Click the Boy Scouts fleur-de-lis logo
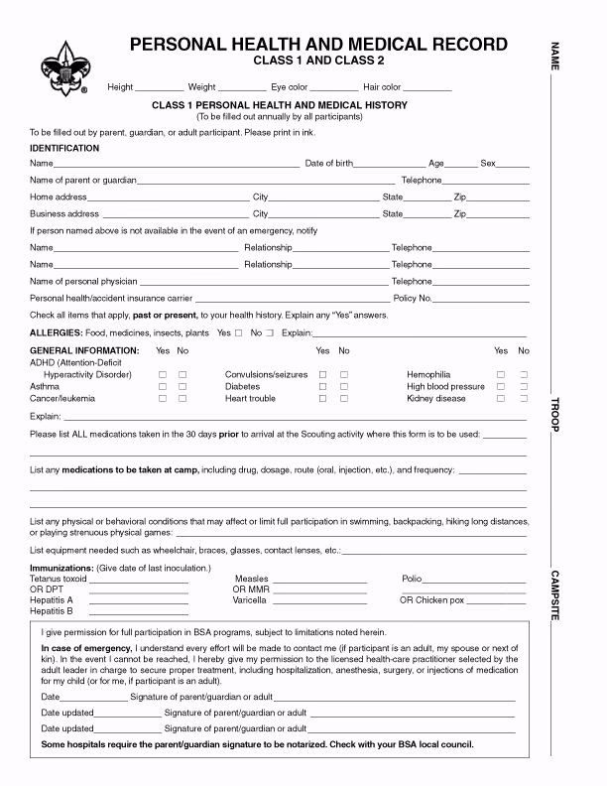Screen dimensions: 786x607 [62, 67]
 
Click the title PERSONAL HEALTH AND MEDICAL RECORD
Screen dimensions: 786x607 [318, 45]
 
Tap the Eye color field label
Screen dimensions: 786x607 [290, 87]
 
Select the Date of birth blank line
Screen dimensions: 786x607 [389, 164]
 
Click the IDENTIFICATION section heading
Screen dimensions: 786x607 [64, 148]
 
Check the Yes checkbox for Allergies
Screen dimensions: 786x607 [238, 333]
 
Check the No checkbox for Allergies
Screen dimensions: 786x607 [270, 333]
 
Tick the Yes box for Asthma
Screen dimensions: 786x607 [163, 387]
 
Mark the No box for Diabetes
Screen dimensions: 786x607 [344, 387]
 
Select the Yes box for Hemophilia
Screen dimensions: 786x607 [501, 375]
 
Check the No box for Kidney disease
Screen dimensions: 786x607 [524, 398]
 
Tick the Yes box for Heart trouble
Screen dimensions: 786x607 [321, 398]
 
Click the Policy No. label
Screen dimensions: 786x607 [413, 298]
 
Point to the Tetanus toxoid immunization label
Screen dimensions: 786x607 [59, 579]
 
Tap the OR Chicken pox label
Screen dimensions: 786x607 [431, 600]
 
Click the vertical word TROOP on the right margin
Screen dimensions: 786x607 [555, 414]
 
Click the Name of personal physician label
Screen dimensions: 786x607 [83, 282]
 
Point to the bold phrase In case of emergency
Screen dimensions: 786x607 [84, 647]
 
